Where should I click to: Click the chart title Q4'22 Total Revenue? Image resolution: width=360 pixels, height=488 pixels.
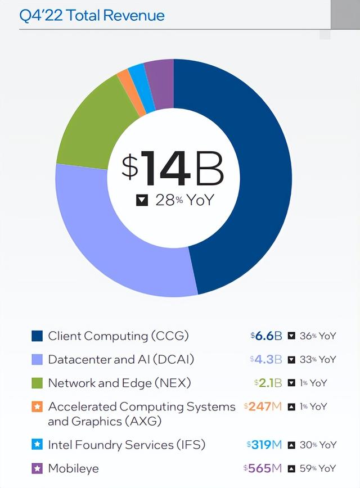click(x=92, y=15)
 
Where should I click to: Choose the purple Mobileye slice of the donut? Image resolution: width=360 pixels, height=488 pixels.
click(x=159, y=77)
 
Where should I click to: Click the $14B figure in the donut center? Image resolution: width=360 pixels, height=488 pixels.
click(x=173, y=168)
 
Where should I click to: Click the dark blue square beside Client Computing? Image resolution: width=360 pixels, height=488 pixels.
click(x=37, y=336)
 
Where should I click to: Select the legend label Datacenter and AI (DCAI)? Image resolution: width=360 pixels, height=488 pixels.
click(x=121, y=359)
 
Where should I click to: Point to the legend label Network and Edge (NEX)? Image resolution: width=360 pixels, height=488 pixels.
click(x=119, y=383)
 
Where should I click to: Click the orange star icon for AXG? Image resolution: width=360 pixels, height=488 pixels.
click(x=37, y=406)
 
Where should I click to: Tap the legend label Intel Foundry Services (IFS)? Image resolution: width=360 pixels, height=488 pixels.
click(x=127, y=445)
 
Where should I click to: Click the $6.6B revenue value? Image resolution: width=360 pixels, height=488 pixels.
click(x=266, y=336)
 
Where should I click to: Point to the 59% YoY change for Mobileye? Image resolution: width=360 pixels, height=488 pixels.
click(x=317, y=468)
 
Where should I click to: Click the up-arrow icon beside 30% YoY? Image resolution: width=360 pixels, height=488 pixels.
click(x=291, y=445)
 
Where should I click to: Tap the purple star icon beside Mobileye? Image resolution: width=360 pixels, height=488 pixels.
click(x=37, y=468)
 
